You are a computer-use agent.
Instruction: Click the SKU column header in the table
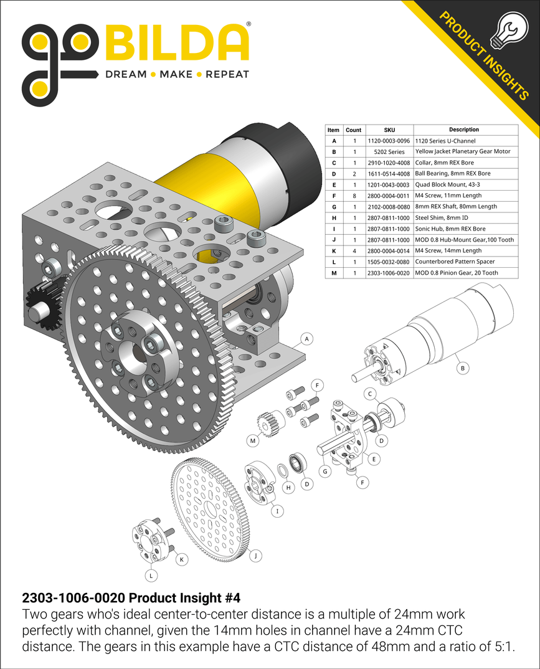(x=389, y=130)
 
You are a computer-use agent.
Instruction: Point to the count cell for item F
(x=353, y=196)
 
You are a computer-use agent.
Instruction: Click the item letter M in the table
(x=333, y=273)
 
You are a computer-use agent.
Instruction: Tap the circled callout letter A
(x=306, y=339)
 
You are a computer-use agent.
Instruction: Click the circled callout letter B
(x=462, y=369)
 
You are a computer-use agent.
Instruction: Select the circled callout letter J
(x=256, y=554)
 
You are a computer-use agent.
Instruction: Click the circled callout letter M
(x=253, y=441)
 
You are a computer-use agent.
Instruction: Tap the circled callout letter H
(x=288, y=488)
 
